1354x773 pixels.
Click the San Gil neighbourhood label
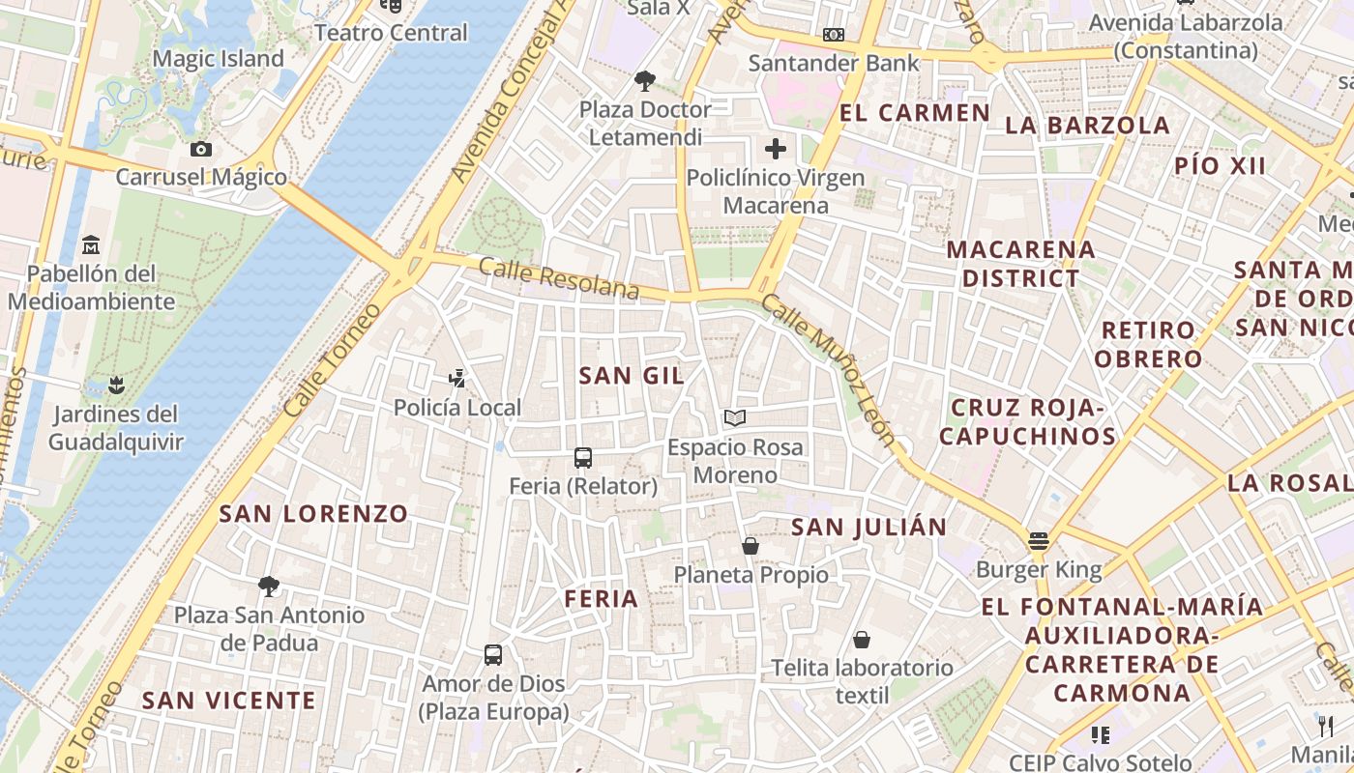[x=631, y=376]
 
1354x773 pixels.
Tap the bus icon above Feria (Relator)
[x=582, y=458]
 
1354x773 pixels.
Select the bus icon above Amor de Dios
[x=493, y=655]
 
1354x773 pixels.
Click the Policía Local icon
[x=457, y=379]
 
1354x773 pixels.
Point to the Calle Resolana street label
[x=559, y=279]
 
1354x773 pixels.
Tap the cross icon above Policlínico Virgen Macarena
[x=776, y=149]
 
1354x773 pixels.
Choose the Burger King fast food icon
[x=1039, y=541]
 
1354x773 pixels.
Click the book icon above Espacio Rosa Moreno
[x=735, y=418]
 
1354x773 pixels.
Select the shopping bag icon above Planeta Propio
[x=751, y=547]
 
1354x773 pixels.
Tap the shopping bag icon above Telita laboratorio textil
[x=862, y=640]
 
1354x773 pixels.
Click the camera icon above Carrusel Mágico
[x=201, y=149]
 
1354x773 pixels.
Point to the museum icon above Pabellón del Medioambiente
[x=91, y=244]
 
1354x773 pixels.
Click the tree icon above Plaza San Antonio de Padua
[x=269, y=586]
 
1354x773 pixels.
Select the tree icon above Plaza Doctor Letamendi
[x=645, y=81]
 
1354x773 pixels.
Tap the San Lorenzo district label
[x=313, y=513]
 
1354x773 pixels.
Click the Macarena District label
[x=1020, y=264]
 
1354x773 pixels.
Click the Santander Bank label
[x=834, y=64]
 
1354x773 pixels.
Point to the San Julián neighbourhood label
[x=868, y=527]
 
